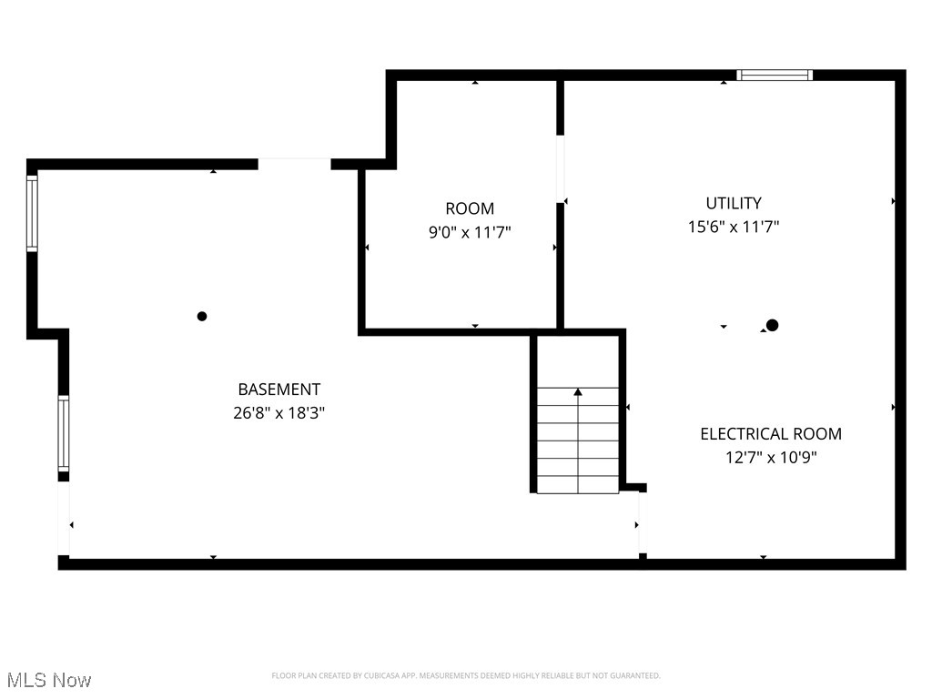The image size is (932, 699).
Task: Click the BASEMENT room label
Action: point(279,390)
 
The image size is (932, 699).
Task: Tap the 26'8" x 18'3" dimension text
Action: point(279,412)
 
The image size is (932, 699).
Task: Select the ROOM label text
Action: point(470,208)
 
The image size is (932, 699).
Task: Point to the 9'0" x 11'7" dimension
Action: point(470,232)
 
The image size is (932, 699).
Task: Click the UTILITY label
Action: point(734,203)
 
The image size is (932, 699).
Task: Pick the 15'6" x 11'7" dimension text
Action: point(734,227)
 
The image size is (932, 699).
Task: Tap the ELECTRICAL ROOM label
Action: point(771,434)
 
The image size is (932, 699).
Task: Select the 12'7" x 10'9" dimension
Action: point(771,458)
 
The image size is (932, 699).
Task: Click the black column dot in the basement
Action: point(202,317)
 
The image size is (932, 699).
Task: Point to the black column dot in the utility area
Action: point(773,325)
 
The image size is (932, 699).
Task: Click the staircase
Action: point(578,440)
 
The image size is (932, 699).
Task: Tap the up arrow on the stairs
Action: point(578,392)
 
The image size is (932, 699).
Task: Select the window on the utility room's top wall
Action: point(775,76)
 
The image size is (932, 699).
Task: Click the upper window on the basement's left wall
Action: point(32,213)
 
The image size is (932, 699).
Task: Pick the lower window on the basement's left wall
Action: point(63,432)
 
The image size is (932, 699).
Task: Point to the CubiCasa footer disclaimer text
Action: point(466,675)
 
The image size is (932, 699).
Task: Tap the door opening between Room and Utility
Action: point(561,168)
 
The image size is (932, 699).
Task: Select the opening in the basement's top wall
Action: point(294,164)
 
